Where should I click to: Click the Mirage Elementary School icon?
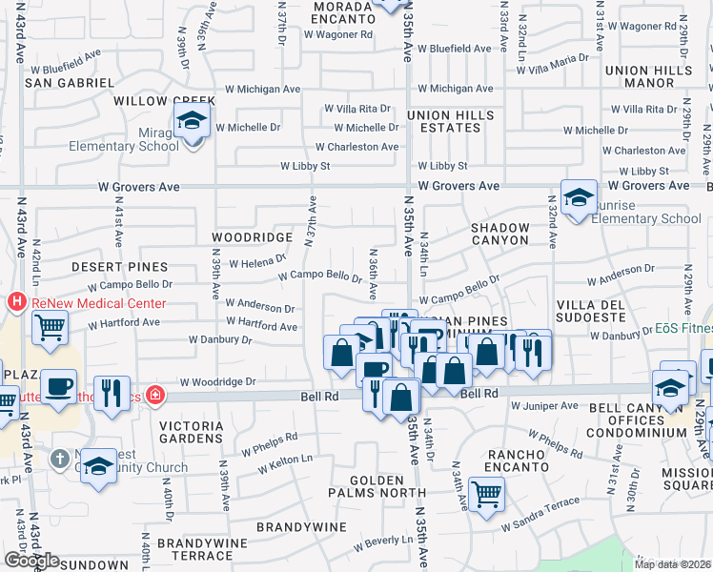click(192, 122)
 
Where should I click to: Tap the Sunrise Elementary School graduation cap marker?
click(579, 198)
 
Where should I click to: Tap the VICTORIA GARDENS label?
click(191, 431)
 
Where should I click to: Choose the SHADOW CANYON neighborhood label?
click(500, 235)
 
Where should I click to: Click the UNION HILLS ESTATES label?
click(451, 121)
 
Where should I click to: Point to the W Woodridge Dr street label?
click(224, 381)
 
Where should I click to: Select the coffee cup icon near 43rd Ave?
click(59, 386)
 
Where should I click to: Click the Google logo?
click(31, 561)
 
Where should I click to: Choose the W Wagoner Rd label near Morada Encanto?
click(338, 34)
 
